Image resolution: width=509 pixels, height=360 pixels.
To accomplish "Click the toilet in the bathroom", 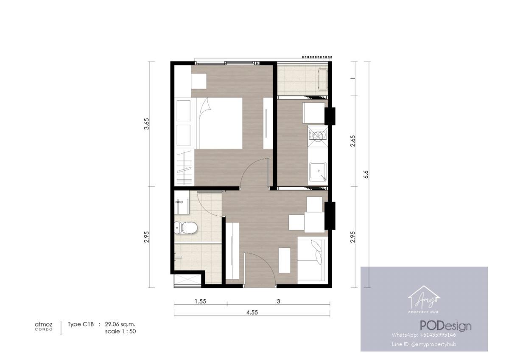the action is coord(186,228).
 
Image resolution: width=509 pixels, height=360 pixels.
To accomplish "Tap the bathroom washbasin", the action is coord(182,206).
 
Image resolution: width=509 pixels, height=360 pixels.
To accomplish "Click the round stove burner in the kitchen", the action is coord(318,136).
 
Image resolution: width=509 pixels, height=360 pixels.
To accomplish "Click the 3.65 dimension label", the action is coord(147,124).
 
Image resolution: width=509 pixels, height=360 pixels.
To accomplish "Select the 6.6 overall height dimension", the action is coord(366,174).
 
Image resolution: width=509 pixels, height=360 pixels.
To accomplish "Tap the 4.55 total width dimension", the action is coord(252,312).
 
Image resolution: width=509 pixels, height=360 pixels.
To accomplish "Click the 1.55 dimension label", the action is coord(200,301).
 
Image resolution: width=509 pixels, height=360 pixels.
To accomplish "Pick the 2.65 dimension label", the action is coord(352,141).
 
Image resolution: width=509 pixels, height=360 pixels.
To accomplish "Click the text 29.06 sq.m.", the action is coord(120,324).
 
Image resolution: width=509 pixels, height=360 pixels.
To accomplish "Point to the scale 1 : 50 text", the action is coord(120,332).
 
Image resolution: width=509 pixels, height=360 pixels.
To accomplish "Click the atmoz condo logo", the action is coord(44,326).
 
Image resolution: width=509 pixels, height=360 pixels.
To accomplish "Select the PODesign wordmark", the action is coord(446,326).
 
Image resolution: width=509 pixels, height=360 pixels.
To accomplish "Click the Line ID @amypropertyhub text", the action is coord(424,344).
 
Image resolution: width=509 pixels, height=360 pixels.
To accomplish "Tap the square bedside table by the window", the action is coord(199,81).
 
